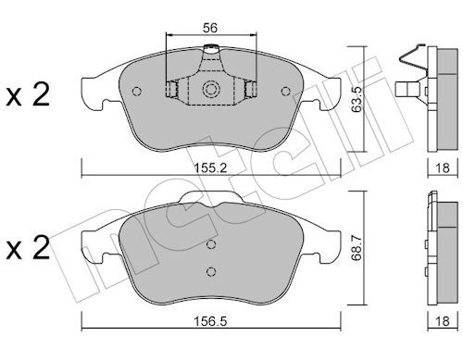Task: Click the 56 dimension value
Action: click(x=210, y=28)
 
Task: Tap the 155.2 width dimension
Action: click(x=210, y=168)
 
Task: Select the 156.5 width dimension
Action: click(x=210, y=321)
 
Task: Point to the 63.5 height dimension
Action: click(x=357, y=99)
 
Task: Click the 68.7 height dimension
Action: click(x=357, y=248)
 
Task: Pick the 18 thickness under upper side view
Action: click(x=443, y=168)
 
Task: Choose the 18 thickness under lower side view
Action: click(x=443, y=321)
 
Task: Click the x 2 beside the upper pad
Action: click(x=28, y=94)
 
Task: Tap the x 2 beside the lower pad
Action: click(x=28, y=247)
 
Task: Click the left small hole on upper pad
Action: click(x=136, y=92)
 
